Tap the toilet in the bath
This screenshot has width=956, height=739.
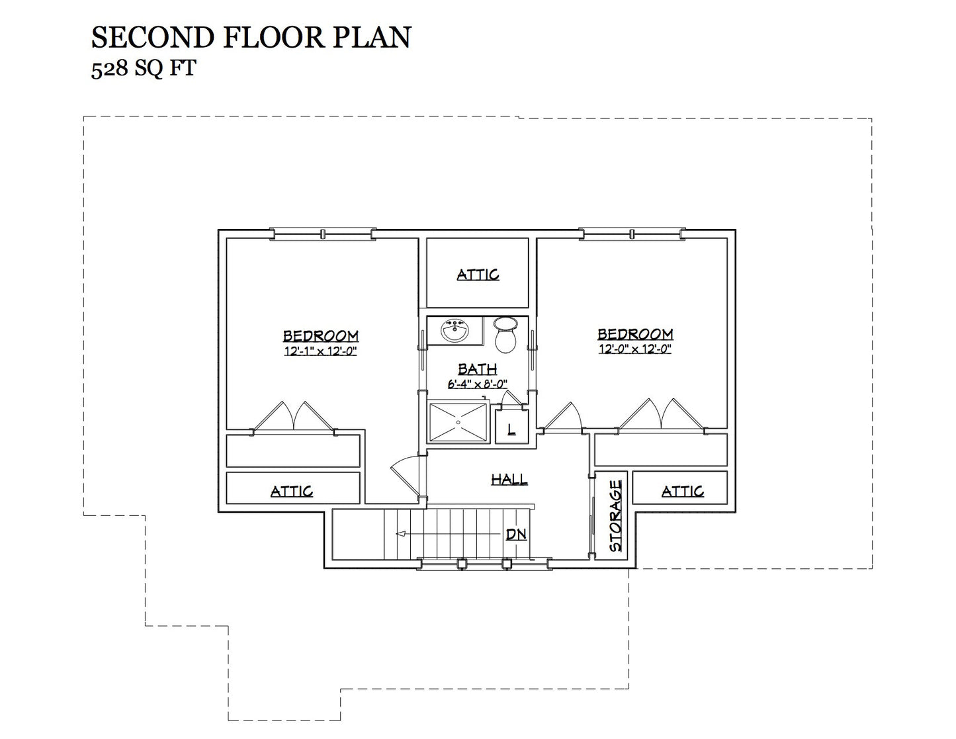pyautogui.click(x=505, y=335)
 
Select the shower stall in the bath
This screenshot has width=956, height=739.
pyautogui.click(x=458, y=422)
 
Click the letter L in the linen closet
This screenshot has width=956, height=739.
pyautogui.click(x=511, y=429)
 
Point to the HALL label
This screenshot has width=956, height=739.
pyautogui.click(x=509, y=479)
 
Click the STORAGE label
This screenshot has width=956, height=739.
pyautogui.click(x=615, y=516)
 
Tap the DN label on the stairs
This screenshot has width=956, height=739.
pyautogui.click(x=516, y=534)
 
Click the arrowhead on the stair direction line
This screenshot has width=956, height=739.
pyautogui.click(x=400, y=534)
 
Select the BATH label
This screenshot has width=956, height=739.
pyautogui.click(x=478, y=369)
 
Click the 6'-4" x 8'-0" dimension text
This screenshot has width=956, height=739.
pyautogui.click(x=478, y=384)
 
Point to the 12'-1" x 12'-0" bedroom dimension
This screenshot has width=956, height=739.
pyautogui.click(x=320, y=351)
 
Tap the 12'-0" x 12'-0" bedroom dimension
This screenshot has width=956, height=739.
pyautogui.click(x=635, y=349)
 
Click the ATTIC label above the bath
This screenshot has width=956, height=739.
pyautogui.click(x=478, y=275)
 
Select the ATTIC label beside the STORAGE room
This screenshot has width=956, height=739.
pyautogui.click(x=682, y=491)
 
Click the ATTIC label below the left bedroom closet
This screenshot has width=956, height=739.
pyautogui.click(x=292, y=491)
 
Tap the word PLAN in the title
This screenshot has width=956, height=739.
pyautogui.click(x=372, y=37)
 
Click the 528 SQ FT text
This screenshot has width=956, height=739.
pyautogui.click(x=144, y=69)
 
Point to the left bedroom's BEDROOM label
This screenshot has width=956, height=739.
pyautogui.click(x=321, y=336)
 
